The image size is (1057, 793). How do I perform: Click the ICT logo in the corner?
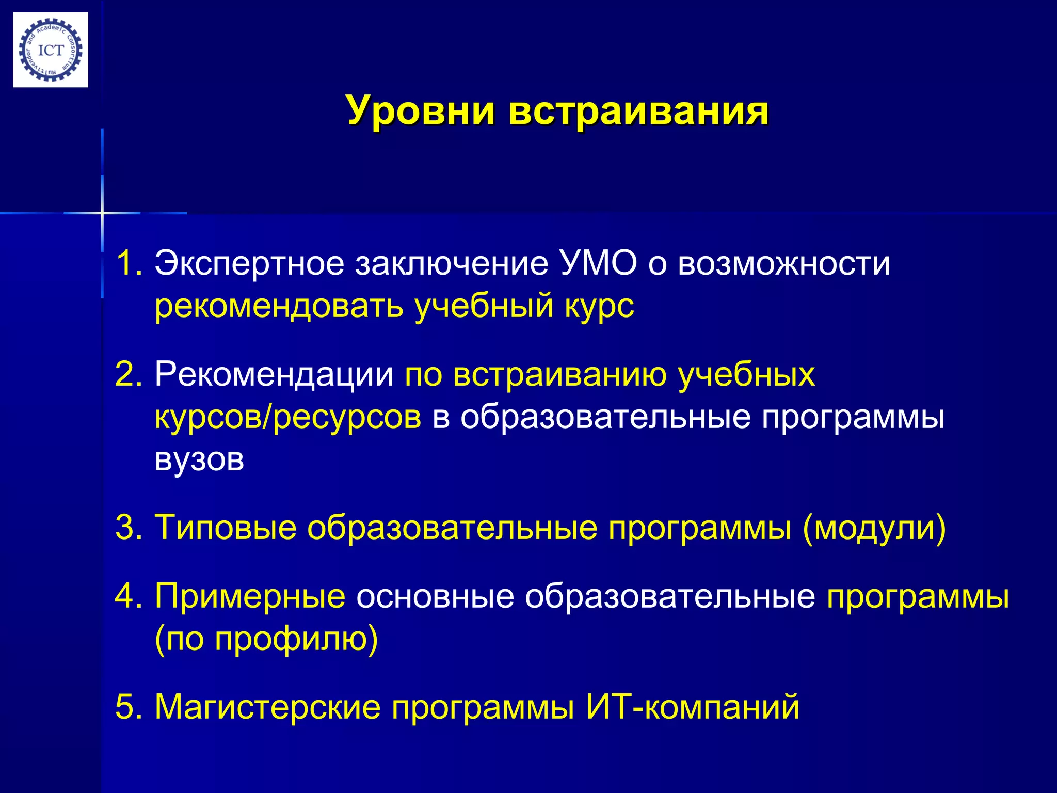51,50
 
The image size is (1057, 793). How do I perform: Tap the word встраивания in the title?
638,110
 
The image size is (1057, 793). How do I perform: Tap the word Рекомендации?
274,374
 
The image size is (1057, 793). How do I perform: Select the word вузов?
199,459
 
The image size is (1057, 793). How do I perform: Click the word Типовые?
226,528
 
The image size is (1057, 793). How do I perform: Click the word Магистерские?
267,707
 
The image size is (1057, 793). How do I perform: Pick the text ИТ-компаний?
693,707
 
